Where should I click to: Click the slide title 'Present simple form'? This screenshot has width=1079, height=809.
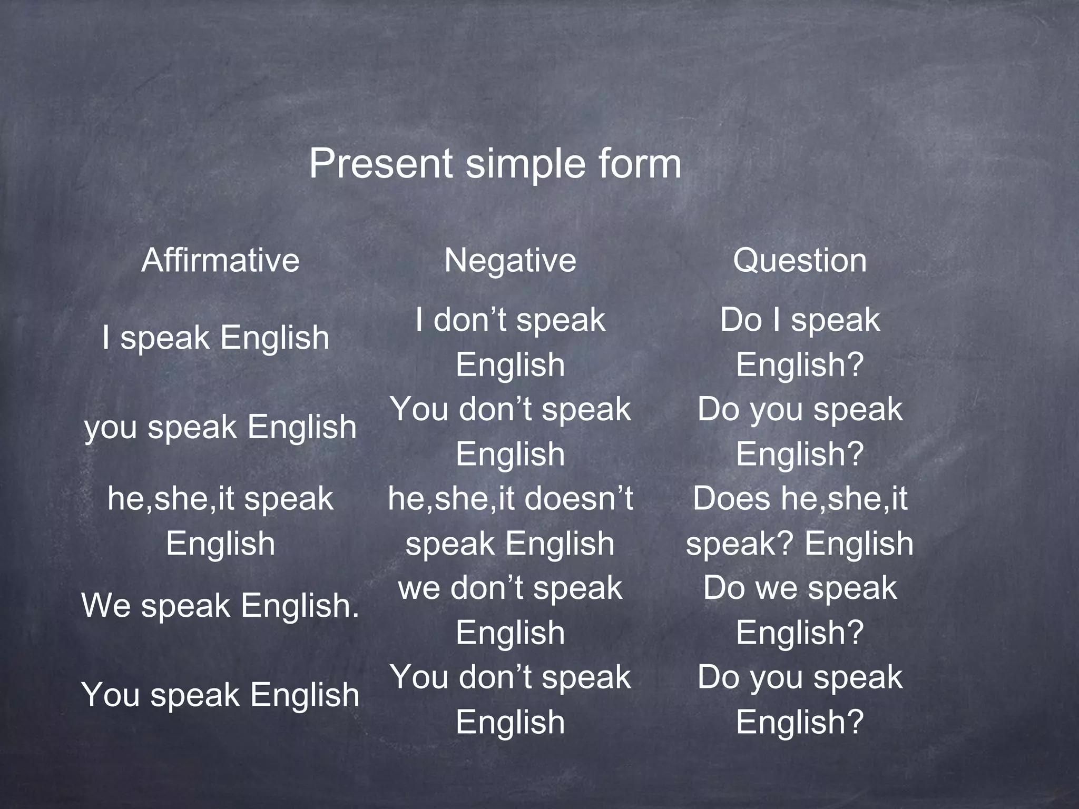coord(495,163)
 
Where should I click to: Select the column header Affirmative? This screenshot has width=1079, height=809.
coord(220,260)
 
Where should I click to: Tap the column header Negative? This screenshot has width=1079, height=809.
coord(510,260)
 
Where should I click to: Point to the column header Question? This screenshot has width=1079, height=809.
coord(800,260)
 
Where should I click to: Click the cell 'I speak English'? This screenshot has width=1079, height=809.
coord(216,338)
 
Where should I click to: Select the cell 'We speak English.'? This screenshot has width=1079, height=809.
coord(220,605)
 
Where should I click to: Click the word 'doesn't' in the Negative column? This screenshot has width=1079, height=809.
coord(579,498)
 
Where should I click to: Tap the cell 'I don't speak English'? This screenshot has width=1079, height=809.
coord(510,342)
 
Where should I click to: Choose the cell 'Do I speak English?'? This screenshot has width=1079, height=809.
coord(800,342)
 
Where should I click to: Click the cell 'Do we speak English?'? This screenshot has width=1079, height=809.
coord(800,610)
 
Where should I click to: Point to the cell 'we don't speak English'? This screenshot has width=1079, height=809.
coord(510,610)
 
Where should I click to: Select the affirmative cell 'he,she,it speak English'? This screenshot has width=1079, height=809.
coord(220,521)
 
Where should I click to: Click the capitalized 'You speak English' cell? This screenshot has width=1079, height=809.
coord(220,695)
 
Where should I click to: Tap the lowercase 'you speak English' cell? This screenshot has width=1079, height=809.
coord(220,427)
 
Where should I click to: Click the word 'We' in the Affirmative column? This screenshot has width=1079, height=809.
coord(106,605)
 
